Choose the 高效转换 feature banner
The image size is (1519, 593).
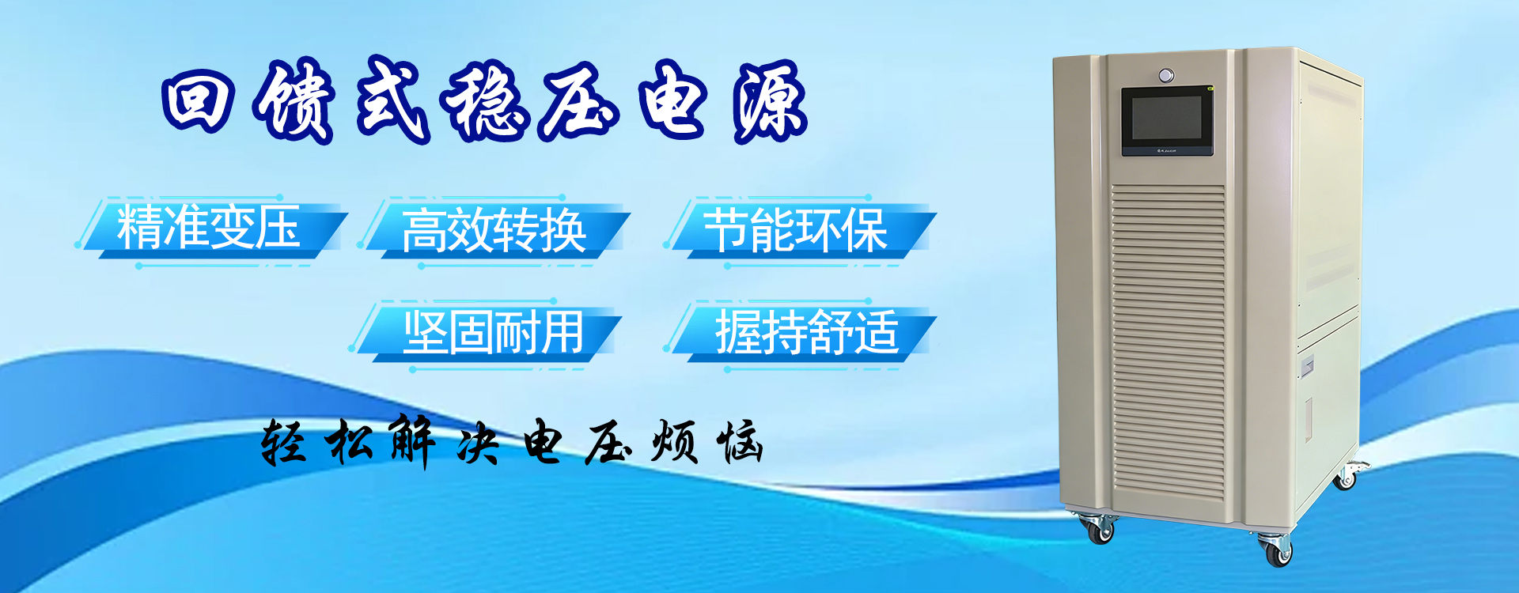(494, 230)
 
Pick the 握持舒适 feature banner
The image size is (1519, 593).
(804, 333)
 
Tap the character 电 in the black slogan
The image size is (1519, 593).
(544, 440)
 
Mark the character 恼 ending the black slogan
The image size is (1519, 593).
(740, 441)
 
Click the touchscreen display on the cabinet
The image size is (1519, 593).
(1167, 122)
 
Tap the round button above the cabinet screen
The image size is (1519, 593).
(1166, 76)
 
